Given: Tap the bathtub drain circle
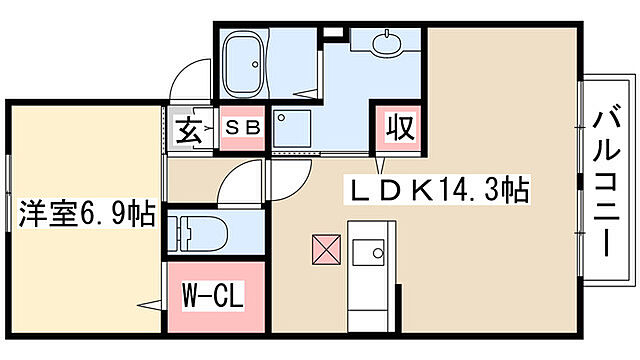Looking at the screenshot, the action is [x=256, y=64].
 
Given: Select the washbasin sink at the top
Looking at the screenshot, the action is [x=386, y=44].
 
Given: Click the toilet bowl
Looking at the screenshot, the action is [x=207, y=233].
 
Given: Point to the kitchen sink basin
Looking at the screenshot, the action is [x=368, y=253].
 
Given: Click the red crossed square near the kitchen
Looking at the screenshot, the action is [x=327, y=249].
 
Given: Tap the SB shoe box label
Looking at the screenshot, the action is [x=243, y=128].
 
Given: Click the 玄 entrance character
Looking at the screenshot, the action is [x=189, y=130].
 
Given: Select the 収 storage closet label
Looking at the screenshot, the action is [x=401, y=127].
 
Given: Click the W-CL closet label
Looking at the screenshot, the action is [x=213, y=295].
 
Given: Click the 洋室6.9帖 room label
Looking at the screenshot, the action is [x=87, y=213].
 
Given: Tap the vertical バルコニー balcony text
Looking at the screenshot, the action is [x=607, y=180].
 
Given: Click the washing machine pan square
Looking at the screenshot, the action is [x=292, y=128].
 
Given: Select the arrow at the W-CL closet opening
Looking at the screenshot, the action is [x=149, y=305].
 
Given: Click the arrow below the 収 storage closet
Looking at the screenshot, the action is [x=381, y=165].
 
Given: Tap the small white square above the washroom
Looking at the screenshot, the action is [x=334, y=32].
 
